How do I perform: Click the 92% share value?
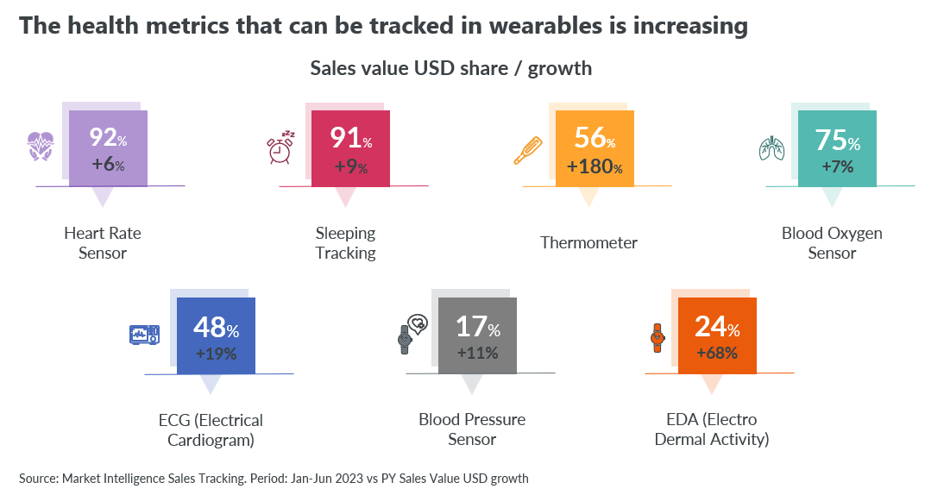[108, 137]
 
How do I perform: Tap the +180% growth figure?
[595, 166]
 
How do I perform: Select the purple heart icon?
[41, 146]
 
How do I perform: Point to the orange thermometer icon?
[527, 151]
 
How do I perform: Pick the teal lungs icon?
[771, 148]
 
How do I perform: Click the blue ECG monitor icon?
[145, 335]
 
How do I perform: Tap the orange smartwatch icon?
[658, 338]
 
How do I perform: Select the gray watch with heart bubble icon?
[413, 334]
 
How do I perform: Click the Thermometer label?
[588, 243]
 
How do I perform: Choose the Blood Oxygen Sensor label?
[832, 243]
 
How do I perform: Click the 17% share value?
[478, 327]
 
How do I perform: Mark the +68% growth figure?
[717, 353]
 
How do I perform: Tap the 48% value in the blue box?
[216, 328]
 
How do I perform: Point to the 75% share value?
[838, 141]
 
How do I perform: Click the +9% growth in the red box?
[351, 166]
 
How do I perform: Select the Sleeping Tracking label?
[346, 243]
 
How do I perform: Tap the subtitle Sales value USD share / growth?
[450, 68]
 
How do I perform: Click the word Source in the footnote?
[38, 479]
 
